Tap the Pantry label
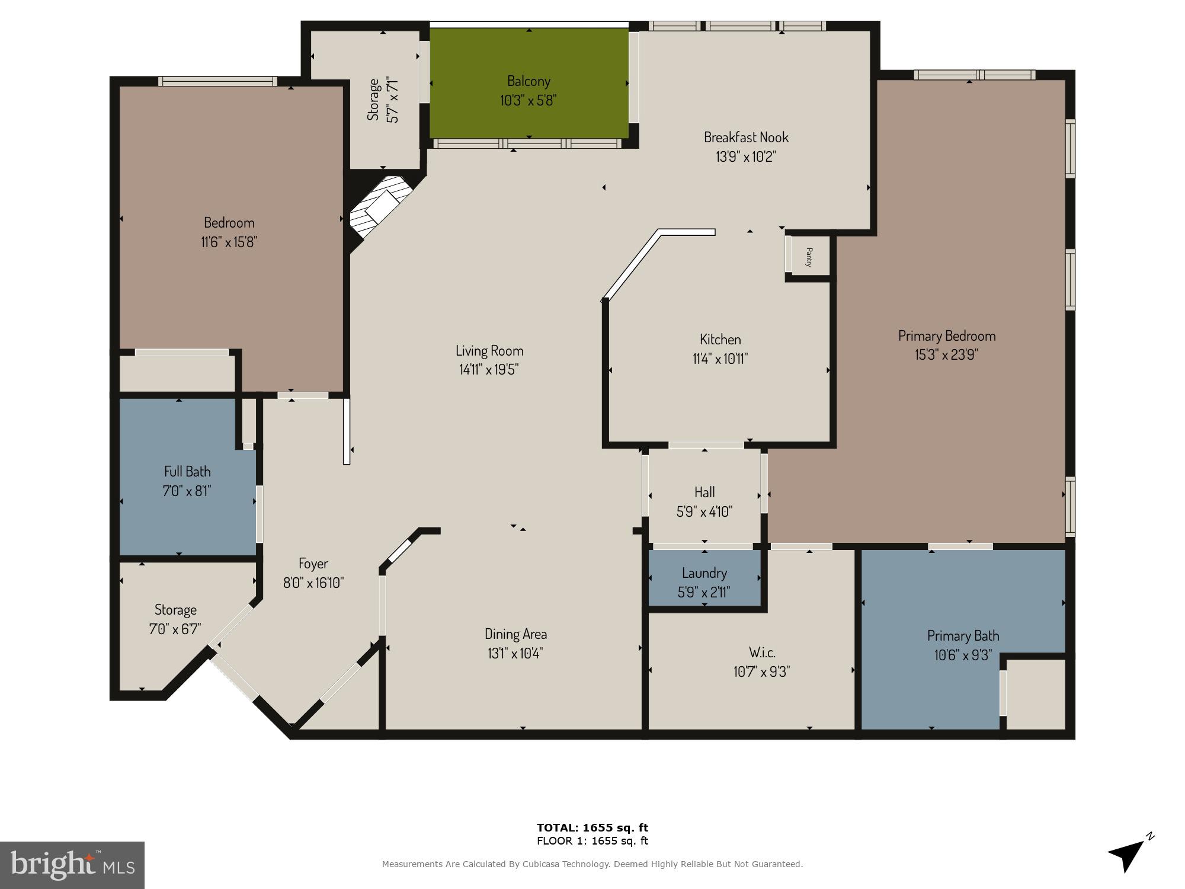click(809, 257)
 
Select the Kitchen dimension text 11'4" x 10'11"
click(720, 359)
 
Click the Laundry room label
click(704, 573)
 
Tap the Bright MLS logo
click(72, 865)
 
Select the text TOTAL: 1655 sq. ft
click(592, 827)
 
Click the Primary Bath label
click(963, 636)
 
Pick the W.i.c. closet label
click(762, 653)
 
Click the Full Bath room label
click(187, 472)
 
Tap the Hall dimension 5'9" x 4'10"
click(704, 511)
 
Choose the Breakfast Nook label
click(746, 137)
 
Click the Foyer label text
click(313, 564)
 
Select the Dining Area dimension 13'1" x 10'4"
click(515, 653)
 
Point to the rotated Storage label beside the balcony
click(373, 100)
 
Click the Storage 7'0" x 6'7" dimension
click(175, 629)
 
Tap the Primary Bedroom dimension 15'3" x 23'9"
click(946, 354)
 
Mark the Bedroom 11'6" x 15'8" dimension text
click(229, 242)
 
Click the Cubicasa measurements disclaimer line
click(592, 864)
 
